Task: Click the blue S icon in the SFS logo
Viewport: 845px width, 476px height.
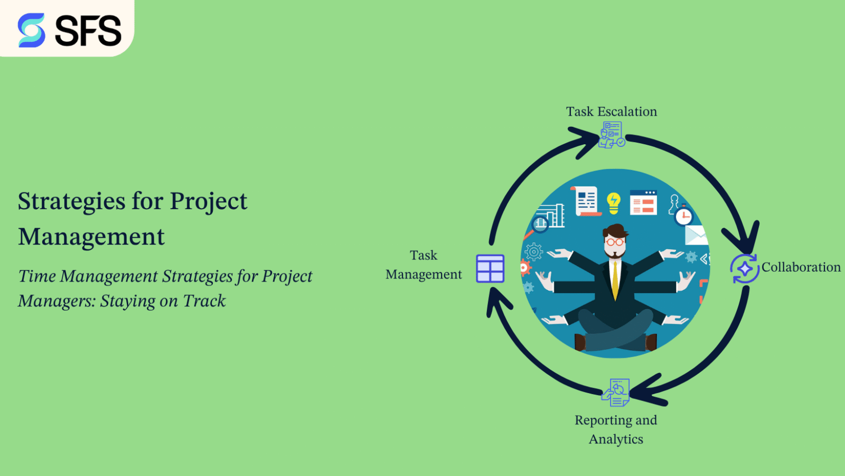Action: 31,30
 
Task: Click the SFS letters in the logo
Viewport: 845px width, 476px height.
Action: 88,31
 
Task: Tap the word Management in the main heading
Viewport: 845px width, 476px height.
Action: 91,237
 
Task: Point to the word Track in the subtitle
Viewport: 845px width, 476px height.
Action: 204,301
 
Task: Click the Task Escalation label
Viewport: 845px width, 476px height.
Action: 612,111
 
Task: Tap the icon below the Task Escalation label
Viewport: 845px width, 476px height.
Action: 612,135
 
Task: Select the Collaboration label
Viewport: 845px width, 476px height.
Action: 801,267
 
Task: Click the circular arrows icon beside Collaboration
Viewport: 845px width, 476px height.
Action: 745,268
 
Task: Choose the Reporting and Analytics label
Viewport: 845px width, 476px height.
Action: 616,429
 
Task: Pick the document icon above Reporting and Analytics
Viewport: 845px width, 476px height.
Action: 616,393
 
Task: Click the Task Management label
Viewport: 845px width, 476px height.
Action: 424,265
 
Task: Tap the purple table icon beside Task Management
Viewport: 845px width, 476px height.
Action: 490,268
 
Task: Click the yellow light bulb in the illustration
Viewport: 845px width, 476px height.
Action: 613,202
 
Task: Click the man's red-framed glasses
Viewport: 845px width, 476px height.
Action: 614,242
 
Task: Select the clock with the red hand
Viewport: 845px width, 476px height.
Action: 684,216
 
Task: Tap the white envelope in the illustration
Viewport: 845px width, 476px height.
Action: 696,235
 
